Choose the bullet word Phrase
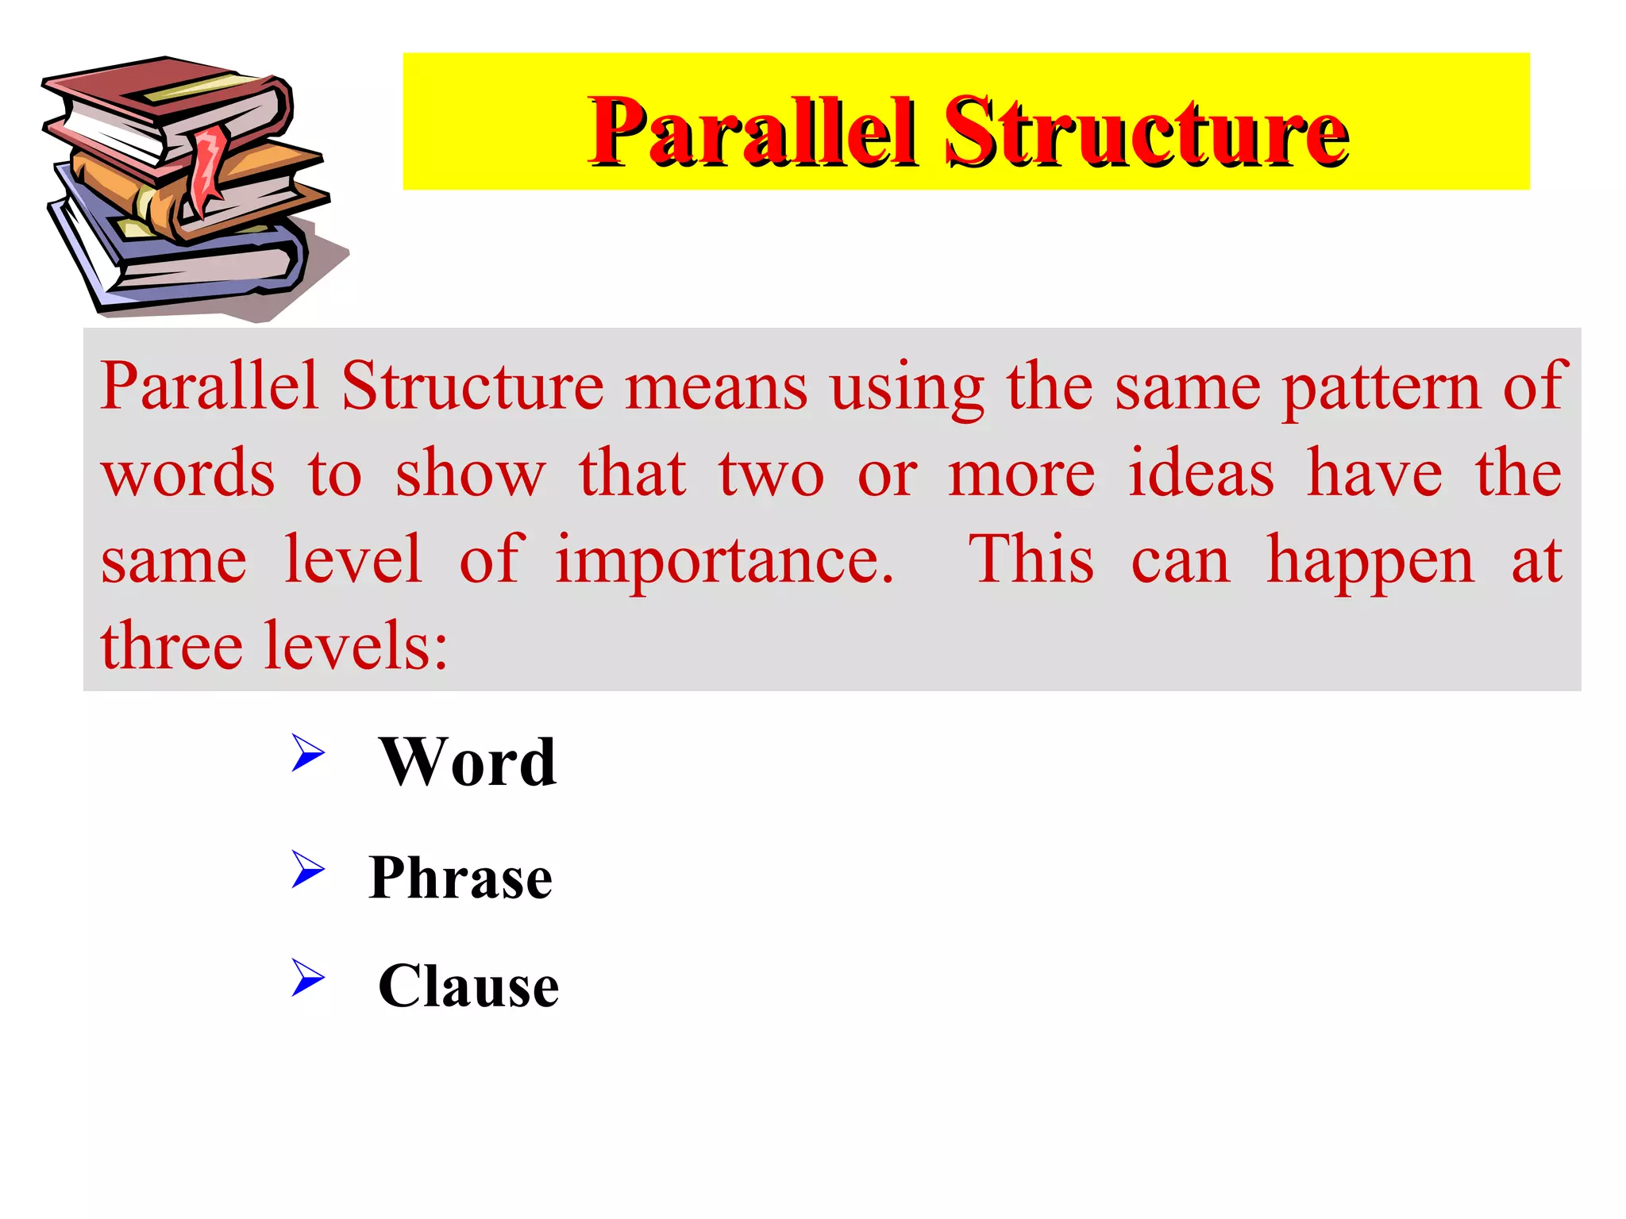tap(460, 878)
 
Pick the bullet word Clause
tap(468, 986)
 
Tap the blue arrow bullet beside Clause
tap(308, 977)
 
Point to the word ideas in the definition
tap(1201, 474)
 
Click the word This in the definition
tap(1032, 560)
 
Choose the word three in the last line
tap(171, 646)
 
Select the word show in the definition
tap(470, 474)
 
